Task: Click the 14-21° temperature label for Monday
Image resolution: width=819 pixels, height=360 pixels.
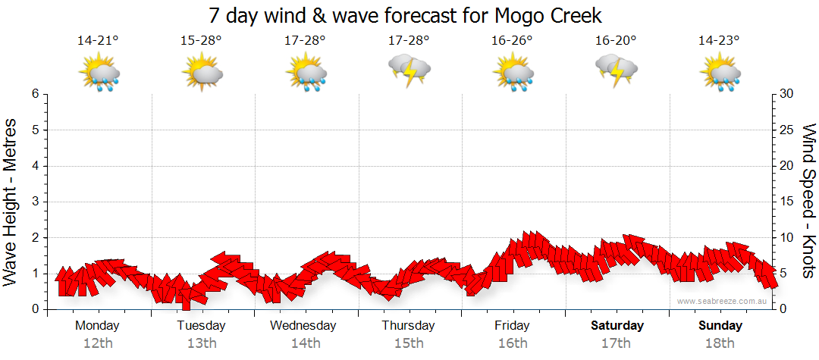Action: (98, 41)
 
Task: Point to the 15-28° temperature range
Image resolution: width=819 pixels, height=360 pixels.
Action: (201, 41)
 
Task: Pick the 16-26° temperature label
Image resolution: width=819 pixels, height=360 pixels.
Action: (512, 41)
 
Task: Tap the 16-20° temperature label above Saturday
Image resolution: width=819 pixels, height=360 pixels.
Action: (616, 41)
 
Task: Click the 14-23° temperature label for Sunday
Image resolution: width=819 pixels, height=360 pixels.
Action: (719, 41)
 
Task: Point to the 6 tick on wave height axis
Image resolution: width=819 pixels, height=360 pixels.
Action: (34, 94)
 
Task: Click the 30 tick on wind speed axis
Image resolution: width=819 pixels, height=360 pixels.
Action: (787, 94)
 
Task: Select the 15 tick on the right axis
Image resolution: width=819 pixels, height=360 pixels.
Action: (787, 202)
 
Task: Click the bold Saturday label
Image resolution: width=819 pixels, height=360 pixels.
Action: (617, 326)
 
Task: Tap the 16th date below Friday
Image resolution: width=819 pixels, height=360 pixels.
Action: (513, 343)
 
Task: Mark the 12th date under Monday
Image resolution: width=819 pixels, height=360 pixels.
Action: (98, 343)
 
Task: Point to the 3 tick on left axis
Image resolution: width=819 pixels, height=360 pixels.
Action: (34, 202)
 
